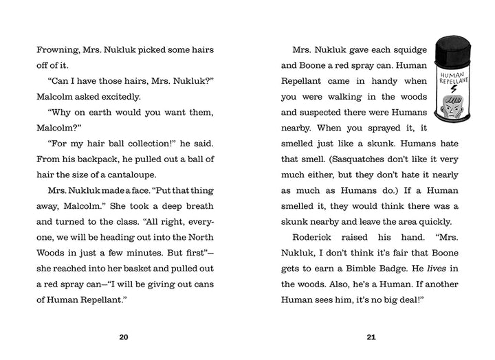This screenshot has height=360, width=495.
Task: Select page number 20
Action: (x=124, y=337)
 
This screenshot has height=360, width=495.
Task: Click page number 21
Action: (x=372, y=337)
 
